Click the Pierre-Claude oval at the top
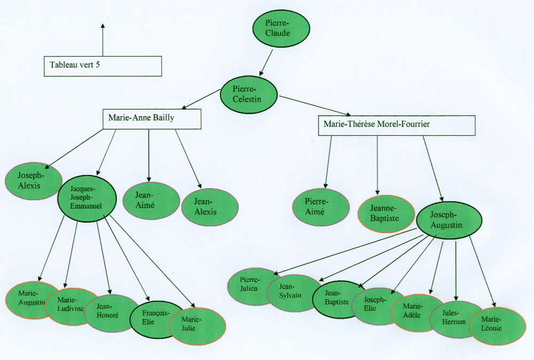coord(281,29)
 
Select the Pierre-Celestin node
coord(248,95)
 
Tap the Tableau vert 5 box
coord(103,66)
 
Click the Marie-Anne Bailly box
coord(152,119)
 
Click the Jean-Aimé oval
coord(151,201)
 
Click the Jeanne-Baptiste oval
coord(386,214)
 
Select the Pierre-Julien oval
coord(249,285)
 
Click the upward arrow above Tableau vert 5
coord(103,39)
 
